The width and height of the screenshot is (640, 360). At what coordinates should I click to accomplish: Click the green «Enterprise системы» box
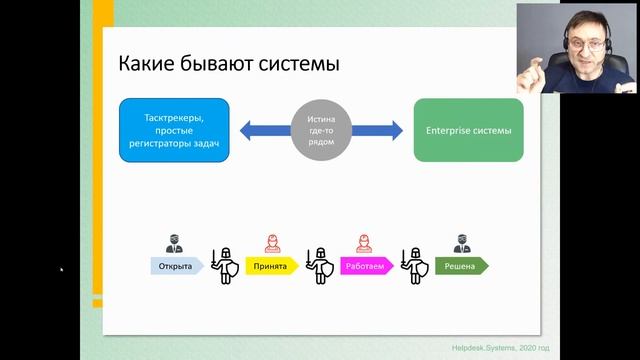468,130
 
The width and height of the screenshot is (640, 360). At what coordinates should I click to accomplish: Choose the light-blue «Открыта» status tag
175,267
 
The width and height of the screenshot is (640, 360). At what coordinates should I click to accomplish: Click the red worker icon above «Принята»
270,244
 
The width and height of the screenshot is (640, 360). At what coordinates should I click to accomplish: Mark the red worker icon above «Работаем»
365,244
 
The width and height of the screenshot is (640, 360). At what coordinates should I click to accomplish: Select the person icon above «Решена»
461,244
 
